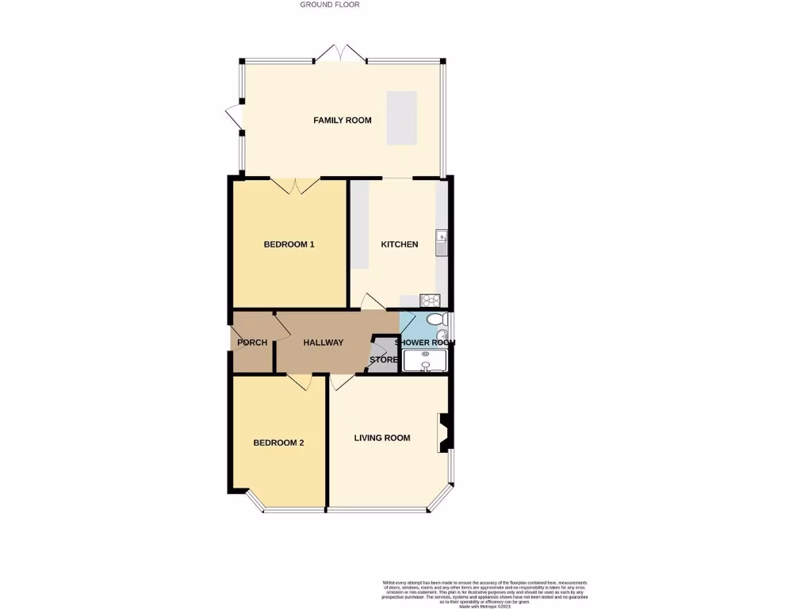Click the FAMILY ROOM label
coord(343,121)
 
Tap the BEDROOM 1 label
coord(289,244)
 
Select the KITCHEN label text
coord(400,244)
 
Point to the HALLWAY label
coord(323,343)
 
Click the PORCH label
coord(252,343)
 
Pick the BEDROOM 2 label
coord(278,443)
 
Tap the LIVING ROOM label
coord(382,438)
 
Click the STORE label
coord(383,360)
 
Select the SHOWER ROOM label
coord(425,343)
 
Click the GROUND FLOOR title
coord(330,5)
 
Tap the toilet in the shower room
coord(435,319)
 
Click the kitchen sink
coord(442,241)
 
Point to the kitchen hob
coord(431,301)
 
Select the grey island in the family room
coord(401,118)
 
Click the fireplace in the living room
coord(444,433)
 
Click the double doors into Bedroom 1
coord(295,186)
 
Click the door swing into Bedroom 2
coord(300,382)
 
